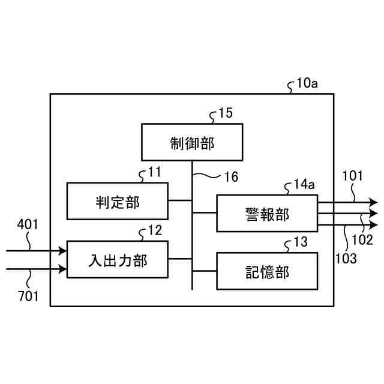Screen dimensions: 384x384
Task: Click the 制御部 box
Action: click(x=192, y=142)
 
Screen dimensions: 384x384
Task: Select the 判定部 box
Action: click(x=117, y=202)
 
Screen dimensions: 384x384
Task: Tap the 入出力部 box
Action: click(x=117, y=259)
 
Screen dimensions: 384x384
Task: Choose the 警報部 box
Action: click(x=267, y=214)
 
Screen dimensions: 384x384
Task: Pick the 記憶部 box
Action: click(x=267, y=271)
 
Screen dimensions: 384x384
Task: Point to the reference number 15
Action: click(x=225, y=113)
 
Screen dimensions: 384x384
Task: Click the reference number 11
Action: click(x=154, y=172)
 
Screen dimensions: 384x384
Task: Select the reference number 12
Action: click(x=154, y=230)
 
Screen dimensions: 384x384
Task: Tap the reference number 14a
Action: click(x=304, y=184)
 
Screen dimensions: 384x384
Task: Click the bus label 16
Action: click(x=231, y=177)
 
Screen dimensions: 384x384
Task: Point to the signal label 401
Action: click(x=28, y=225)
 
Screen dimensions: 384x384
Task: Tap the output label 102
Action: click(x=362, y=239)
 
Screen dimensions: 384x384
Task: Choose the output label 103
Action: click(x=346, y=259)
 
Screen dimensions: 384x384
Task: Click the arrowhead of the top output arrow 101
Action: click(x=374, y=203)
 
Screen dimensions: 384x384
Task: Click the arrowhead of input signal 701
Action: click(x=62, y=270)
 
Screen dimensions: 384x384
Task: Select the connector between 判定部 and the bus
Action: click(x=180, y=201)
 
